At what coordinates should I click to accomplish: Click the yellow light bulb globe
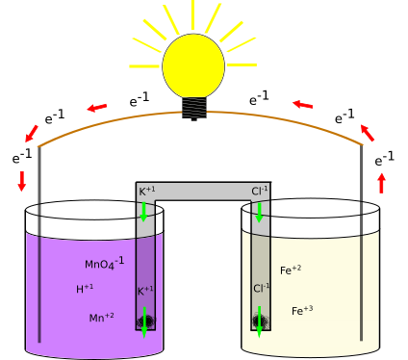click(x=192, y=65)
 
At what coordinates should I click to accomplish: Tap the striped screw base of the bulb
click(x=193, y=108)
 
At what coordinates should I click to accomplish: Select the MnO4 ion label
click(x=104, y=264)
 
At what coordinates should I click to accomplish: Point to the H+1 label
click(x=85, y=289)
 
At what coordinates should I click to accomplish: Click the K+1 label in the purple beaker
click(x=144, y=291)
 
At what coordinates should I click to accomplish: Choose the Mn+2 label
click(x=101, y=318)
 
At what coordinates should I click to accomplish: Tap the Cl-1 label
click(x=261, y=288)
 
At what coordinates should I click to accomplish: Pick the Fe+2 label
click(x=291, y=270)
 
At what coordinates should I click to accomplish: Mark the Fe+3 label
click(x=302, y=311)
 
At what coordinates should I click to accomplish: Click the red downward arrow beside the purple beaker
click(x=22, y=180)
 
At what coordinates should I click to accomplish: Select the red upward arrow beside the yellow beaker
click(x=381, y=182)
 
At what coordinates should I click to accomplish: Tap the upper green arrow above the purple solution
click(x=144, y=211)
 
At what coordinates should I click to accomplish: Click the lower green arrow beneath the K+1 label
click(x=144, y=321)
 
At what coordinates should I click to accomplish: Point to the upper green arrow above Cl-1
click(x=259, y=211)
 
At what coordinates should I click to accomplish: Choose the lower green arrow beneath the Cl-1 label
click(x=259, y=321)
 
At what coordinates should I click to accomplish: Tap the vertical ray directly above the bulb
click(x=192, y=14)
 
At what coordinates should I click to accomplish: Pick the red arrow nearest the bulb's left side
click(x=97, y=108)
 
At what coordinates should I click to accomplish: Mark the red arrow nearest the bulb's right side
click(x=302, y=104)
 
